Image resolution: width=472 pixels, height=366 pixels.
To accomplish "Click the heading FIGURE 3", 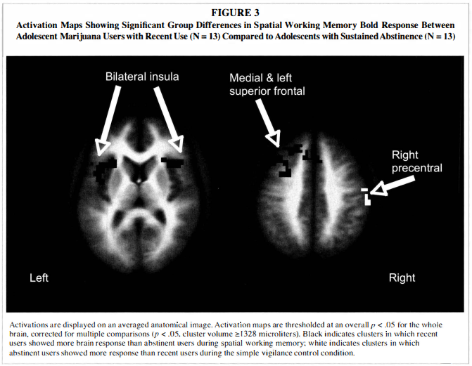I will pos(236,11).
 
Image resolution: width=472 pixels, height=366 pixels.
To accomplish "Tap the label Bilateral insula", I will pos(142,75).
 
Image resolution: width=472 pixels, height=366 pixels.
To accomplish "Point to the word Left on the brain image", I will pos(39,278).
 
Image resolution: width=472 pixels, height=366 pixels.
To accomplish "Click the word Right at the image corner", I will pos(402,278).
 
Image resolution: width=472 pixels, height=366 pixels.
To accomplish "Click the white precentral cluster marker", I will pos(367,197).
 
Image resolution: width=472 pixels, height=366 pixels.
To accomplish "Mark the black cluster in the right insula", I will pos(172,161).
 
